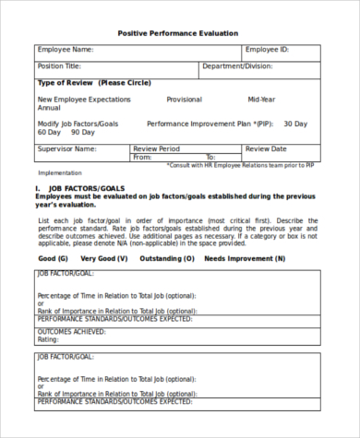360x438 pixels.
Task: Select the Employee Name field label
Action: (x=66, y=50)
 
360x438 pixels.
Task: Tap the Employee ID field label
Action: (x=268, y=50)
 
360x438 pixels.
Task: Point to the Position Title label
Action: (x=59, y=66)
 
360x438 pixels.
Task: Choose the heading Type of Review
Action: (x=93, y=83)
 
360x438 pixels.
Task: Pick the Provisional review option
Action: (x=185, y=99)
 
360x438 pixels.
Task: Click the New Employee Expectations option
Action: (x=84, y=99)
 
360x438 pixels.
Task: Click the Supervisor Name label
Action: (x=66, y=148)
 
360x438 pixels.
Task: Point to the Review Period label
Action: (x=157, y=148)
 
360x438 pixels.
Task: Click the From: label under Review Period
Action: (x=142, y=158)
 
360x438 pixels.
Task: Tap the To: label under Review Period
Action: (x=210, y=158)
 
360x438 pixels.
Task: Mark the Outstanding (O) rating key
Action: (x=167, y=259)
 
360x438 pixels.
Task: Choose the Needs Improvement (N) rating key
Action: (x=245, y=259)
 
